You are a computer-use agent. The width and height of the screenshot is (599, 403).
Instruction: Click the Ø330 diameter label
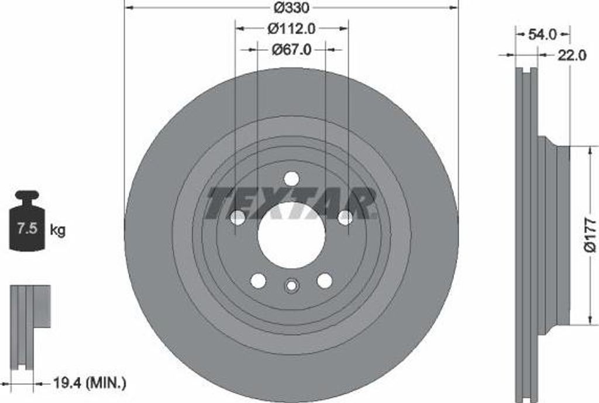click(291, 7)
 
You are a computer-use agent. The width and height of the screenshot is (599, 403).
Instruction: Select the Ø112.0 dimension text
click(291, 28)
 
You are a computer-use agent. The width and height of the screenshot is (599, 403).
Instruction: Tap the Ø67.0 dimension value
click(291, 50)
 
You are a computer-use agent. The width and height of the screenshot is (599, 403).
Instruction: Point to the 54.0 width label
click(542, 35)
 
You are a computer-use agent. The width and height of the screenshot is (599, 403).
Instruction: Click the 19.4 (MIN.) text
click(89, 383)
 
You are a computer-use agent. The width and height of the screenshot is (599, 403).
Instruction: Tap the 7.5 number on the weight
click(27, 229)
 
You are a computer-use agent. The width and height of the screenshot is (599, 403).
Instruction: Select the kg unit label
click(58, 230)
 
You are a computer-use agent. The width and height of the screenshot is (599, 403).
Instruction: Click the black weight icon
click(27, 221)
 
